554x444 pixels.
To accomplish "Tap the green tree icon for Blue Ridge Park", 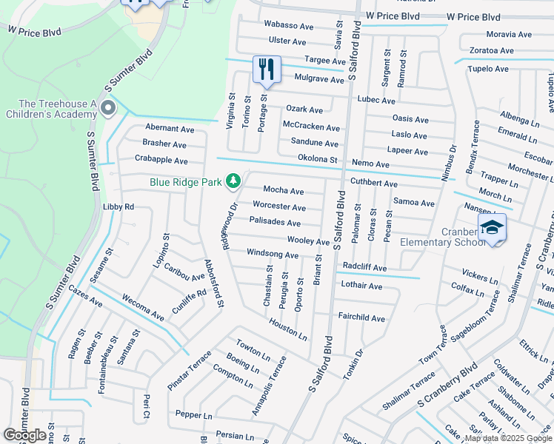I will coord(233,181).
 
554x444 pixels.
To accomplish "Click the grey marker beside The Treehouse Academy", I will coord(108,110).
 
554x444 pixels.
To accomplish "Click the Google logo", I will coord(25,435).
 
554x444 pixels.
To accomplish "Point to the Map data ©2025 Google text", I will coord(507,438).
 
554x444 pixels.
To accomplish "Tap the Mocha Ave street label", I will coord(284,191).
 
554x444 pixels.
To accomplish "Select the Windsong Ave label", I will coord(273,255).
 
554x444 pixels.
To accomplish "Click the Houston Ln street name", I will coord(287,329).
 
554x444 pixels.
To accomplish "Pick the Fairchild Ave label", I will coord(361,318).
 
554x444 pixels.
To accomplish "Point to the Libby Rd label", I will coord(119,207).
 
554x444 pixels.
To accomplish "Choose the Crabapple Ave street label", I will coord(161,159).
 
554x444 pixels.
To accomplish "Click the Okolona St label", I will coord(317,159).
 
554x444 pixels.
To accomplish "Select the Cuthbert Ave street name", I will coord(374,184).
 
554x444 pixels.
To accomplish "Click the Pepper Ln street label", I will coord(193,415).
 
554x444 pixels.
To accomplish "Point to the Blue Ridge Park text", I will coord(185,181).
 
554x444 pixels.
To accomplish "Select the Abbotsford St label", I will coord(215,283).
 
